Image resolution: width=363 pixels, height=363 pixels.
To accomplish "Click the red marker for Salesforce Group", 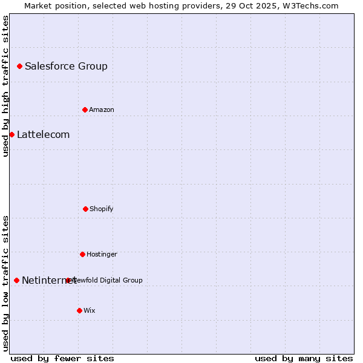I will (19, 66).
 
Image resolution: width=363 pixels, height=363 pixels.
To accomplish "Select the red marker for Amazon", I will (85, 110).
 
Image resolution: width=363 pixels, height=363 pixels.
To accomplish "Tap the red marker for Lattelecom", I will (11, 134).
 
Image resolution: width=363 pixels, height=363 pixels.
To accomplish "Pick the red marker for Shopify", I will (85, 209).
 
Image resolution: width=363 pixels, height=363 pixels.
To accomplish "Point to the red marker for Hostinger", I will (82, 254).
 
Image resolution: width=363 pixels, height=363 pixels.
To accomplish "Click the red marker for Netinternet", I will (16, 280).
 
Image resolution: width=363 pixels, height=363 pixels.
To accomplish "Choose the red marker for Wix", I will (79, 310).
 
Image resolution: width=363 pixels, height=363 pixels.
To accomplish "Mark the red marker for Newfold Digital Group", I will (68, 280).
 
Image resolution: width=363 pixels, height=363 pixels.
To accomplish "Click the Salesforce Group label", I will (66, 66).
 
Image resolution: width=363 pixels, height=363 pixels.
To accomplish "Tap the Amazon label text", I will (101, 110).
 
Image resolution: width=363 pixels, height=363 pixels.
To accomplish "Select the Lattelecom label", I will (43, 134).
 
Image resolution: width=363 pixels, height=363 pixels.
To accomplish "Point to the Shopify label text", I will (101, 209).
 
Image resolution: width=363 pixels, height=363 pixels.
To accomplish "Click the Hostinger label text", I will (102, 254).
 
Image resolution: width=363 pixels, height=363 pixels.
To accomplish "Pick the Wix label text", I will (89, 310).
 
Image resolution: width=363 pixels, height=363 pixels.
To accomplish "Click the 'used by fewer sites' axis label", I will (62, 358).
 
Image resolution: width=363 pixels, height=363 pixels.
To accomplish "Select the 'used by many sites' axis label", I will (304, 358).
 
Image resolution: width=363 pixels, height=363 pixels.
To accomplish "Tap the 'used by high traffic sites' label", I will (5, 86).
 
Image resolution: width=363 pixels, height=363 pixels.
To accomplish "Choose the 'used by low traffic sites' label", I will (5, 283).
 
